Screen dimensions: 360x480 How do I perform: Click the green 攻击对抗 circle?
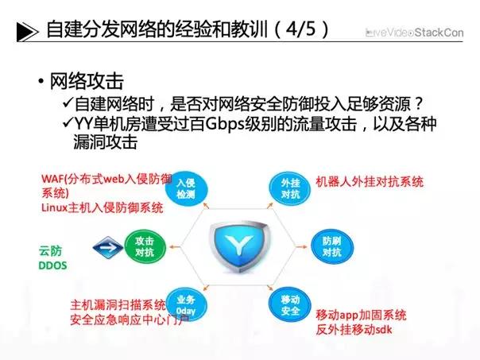pyautogui.click(x=143, y=246)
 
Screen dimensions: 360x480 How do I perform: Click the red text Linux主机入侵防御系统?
pyautogui.click(x=101, y=207)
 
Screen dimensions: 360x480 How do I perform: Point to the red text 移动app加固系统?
pyautogui.click(x=362, y=314)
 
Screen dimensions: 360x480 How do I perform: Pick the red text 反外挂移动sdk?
pyautogui.click(x=355, y=329)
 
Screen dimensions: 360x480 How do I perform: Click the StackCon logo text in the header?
pyautogui.click(x=439, y=33)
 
